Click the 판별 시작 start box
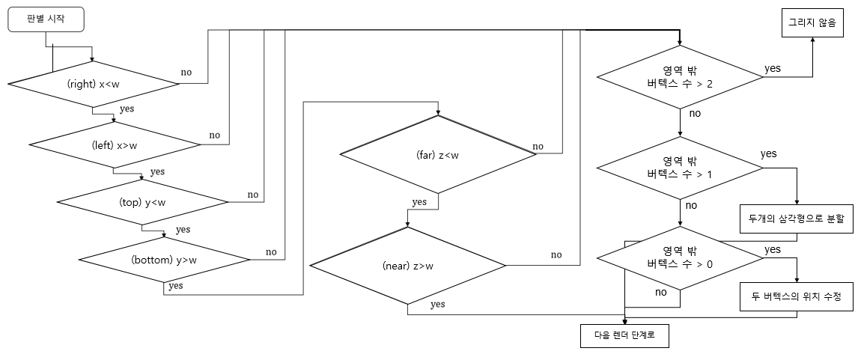[x=46, y=20]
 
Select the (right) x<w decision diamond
[x=93, y=84]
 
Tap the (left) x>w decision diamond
[x=114, y=145]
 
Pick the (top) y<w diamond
[x=142, y=202]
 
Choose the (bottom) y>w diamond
[x=164, y=260]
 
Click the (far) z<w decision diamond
[x=438, y=155]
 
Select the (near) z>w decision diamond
[x=407, y=266]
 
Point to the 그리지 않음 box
[x=812, y=23]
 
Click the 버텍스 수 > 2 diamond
[x=680, y=78]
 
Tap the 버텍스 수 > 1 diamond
[x=680, y=167]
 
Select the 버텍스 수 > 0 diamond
[x=680, y=257]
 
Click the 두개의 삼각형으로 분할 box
[x=796, y=219]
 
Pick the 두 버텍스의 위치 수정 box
[x=796, y=297]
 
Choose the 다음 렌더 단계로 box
[x=624, y=335]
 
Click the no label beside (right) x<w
[x=186, y=73]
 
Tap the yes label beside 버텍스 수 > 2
[x=773, y=68]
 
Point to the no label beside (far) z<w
[x=538, y=145]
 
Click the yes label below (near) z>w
[x=438, y=304]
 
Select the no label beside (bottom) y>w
[x=271, y=251]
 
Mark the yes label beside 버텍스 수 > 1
[x=769, y=154]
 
